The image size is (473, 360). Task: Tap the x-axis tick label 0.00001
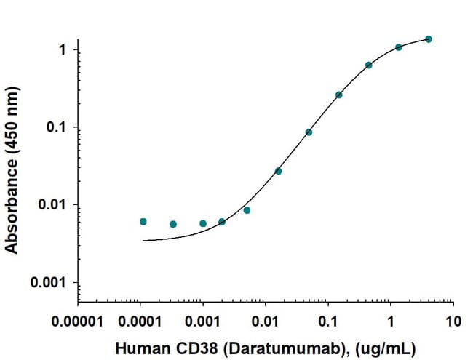point(78,321)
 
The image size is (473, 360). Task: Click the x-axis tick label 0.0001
point(140,321)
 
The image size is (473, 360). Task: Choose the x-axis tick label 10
point(453,321)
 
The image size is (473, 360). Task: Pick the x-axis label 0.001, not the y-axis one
point(203,321)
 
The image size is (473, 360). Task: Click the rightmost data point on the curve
point(429,39)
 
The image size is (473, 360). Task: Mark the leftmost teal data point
point(143,221)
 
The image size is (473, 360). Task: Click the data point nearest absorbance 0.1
point(309,132)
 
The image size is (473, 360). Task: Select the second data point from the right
point(399,47)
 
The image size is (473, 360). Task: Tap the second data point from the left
point(173,224)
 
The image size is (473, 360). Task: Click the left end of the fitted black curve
point(143,240)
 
